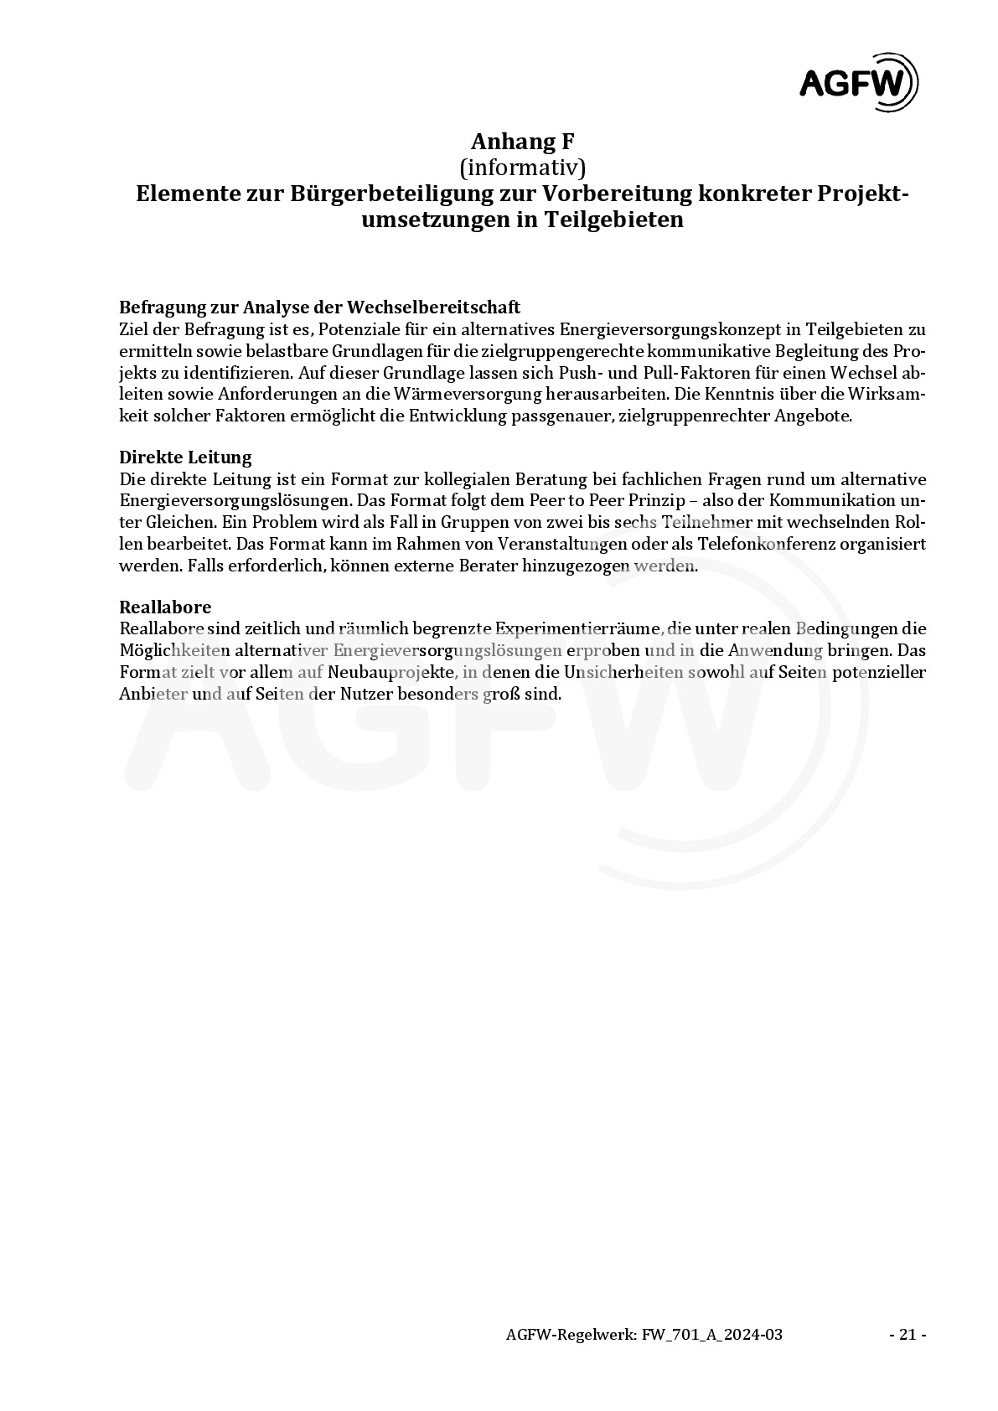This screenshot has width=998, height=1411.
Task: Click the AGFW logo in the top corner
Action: [x=857, y=82]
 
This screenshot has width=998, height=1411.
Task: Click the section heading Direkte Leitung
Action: [x=185, y=457]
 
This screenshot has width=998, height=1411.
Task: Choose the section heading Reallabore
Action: [x=165, y=607]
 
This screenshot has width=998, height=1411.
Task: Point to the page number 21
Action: [x=907, y=1335]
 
